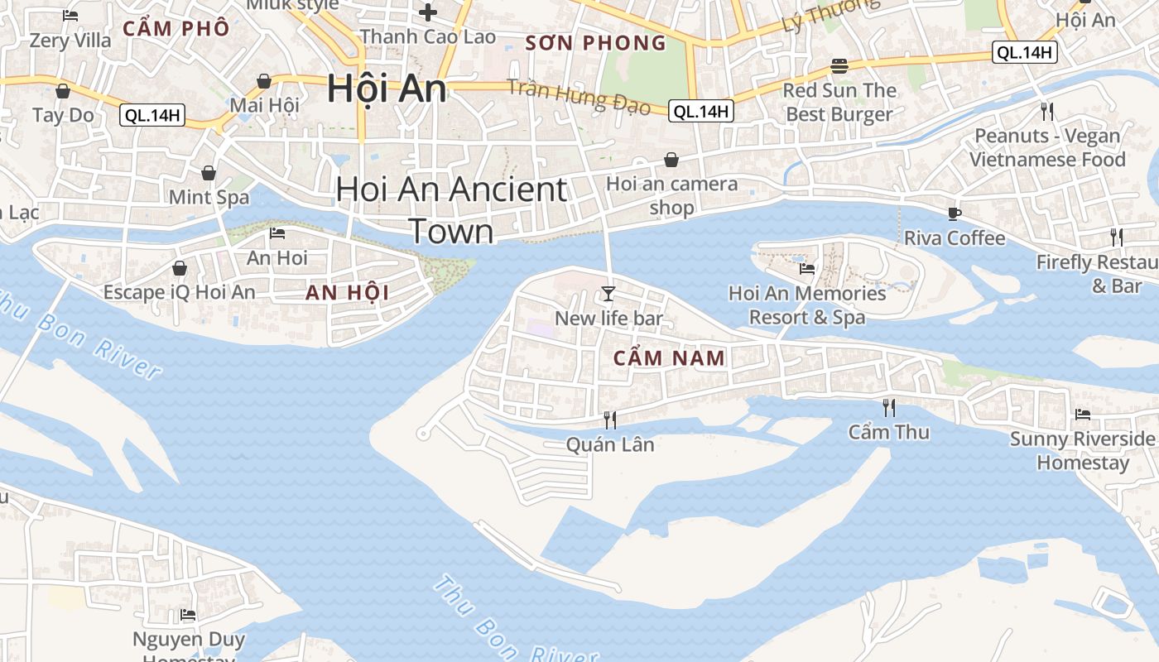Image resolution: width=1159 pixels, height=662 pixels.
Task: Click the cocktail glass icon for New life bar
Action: click(x=608, y=294)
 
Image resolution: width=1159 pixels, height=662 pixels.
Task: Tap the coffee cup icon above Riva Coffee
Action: click(x=955, y=213)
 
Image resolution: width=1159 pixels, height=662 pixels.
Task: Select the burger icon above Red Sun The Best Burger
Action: click(x=839, y=66)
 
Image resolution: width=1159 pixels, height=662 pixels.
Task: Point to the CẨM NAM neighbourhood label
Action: click(x=670, y=358)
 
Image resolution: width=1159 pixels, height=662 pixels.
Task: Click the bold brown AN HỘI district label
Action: click(x=347, y=292)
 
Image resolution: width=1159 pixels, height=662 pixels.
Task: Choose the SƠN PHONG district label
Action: click(x=596, y=43)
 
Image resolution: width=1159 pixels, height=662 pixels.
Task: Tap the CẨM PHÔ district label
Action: click(x=176, y=28)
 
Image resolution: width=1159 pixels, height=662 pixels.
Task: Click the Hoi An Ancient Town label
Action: click(x=452, y=210)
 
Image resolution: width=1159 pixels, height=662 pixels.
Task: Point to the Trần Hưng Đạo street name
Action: click(x=579, y=95)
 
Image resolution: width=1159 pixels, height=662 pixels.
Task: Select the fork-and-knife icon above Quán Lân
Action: click(x=610, y=420)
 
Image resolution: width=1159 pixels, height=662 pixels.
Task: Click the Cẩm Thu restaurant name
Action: click(x=889, y=432)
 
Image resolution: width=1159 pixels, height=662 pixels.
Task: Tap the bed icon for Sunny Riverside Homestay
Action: click(x=1082, y=414)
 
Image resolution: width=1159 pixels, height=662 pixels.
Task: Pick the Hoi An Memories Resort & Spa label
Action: click(x=807, y=305)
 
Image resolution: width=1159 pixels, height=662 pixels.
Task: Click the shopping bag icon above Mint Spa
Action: click(x=209, y=173)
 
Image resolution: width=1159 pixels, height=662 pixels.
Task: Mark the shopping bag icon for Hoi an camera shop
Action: click(x=671, y=159)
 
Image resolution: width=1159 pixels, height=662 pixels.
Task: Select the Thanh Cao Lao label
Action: click(x=428, y=36)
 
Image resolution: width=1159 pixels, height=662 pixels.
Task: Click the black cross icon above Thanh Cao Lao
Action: click(x=428, y=12)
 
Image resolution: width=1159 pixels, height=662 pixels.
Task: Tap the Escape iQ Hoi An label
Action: click(x=180, y=292)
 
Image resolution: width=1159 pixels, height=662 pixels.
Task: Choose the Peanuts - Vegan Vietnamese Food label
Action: click(x=1047, y=147)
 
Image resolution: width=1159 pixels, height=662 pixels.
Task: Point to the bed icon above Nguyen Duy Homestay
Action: click(x=189, y=615)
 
